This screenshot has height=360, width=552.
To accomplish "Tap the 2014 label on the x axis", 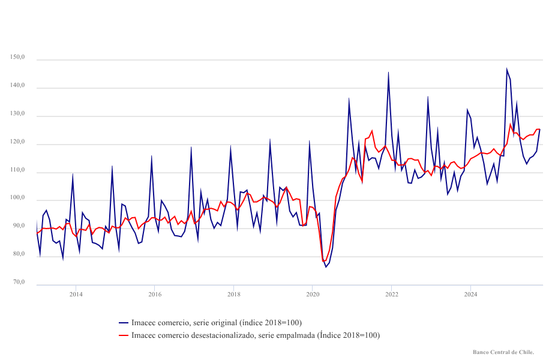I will (76, 294).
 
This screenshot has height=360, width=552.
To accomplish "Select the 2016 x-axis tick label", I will (155, 294).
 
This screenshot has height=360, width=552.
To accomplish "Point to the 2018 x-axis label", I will (234, 294).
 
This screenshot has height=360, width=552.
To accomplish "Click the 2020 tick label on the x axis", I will (313, 294).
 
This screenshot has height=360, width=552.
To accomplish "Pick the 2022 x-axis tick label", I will (392, 294).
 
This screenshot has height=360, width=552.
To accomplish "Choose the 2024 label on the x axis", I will (470, 294).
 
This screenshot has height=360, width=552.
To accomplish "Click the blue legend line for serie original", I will (124, 323).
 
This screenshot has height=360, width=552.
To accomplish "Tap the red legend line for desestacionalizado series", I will (124, 335).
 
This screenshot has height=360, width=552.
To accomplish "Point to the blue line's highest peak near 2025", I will (507, 69).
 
